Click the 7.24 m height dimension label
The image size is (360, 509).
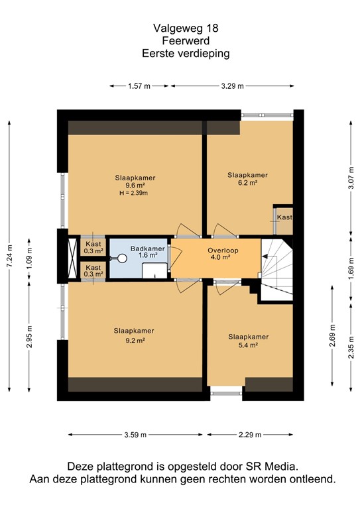9,256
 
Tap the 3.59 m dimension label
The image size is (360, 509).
135,435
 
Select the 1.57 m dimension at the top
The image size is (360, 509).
139,86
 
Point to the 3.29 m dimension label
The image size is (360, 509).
233,86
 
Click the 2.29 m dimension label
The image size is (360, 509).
250,435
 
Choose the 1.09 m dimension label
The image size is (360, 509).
29,258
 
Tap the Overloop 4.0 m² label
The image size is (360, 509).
223,254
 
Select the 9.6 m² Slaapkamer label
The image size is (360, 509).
135,182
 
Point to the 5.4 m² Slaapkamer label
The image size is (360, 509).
249,341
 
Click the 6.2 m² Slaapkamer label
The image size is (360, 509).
248,178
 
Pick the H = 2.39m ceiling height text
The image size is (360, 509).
134,193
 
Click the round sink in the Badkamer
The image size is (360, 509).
122,258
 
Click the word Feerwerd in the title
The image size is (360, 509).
186,41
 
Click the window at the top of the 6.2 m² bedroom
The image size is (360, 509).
267,115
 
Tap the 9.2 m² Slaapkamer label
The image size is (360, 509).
134,335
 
